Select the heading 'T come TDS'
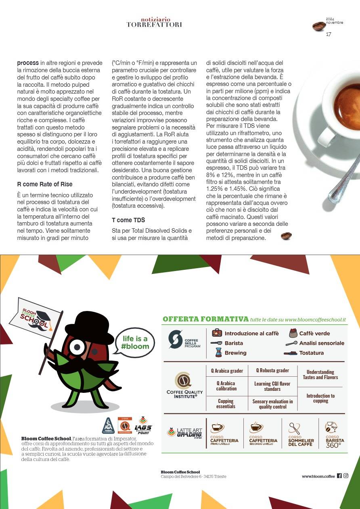coord(128,220)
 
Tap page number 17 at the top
coord(329,34)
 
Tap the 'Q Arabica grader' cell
coord(227,371)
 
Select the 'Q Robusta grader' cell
coord(272,371)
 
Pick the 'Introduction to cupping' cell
coord(320,398)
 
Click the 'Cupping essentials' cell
coord(226,404)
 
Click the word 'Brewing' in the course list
coord(235,353)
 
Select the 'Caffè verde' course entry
coord(314,334)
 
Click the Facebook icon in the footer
coord(339,476)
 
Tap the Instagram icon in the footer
coord(346,476)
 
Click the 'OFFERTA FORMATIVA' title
coord(205,319)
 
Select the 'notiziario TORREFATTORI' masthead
coord(155,22)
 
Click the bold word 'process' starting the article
coord(28,63)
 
